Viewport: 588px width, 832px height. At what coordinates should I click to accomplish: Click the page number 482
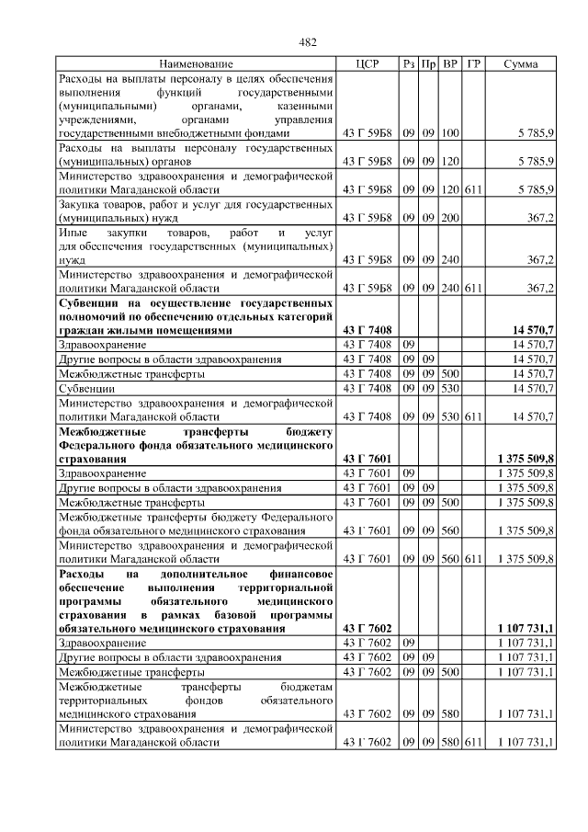(309, 41)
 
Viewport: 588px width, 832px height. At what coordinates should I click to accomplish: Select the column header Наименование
(196, 64)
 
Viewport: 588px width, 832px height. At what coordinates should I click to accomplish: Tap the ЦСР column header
(367, 64)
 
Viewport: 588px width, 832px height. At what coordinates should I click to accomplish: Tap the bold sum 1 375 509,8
(525, 458)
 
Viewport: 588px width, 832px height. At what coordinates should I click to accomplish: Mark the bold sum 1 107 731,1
(525, 628)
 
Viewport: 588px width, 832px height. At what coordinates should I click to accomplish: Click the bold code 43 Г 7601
(367, 458)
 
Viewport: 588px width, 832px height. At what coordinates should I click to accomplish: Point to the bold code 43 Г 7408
(367, 330)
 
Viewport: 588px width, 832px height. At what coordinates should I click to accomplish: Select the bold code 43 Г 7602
(367, 628)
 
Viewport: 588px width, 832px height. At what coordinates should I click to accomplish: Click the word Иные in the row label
(75, 234)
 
